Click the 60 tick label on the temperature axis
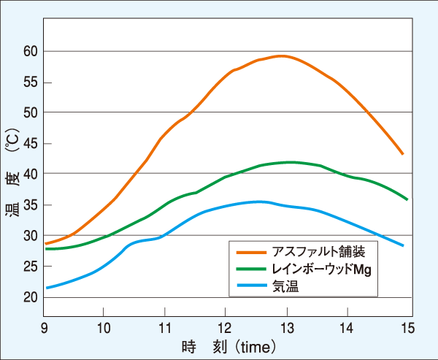tap(30, 51)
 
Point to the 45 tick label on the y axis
tap(30, 143)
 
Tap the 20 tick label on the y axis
tap(30, 297)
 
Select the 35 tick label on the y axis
tap(30, 205)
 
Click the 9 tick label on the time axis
tap(45, 327)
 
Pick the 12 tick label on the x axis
tap(226, 327)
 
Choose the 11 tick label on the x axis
tap(165, 327)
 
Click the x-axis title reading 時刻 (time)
tap(227, 345)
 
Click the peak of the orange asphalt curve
tap(281, 55)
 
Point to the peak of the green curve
tap(291, 162)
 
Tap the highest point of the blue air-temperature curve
tap(258, 202)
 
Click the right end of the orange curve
tap(402, 154)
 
